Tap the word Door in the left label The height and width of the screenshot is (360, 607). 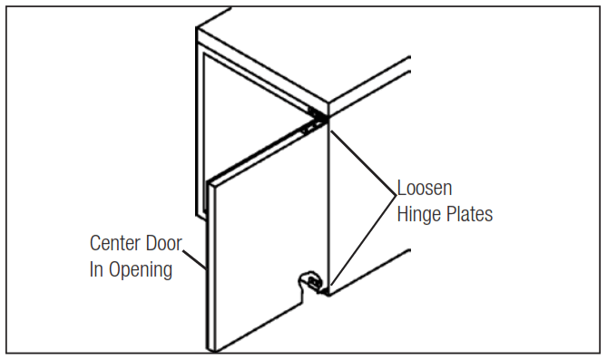[164, 244]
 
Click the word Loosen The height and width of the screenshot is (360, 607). [424, 190]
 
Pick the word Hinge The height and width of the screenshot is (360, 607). [416, 215]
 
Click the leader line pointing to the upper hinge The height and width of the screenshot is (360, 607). [363, 161]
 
